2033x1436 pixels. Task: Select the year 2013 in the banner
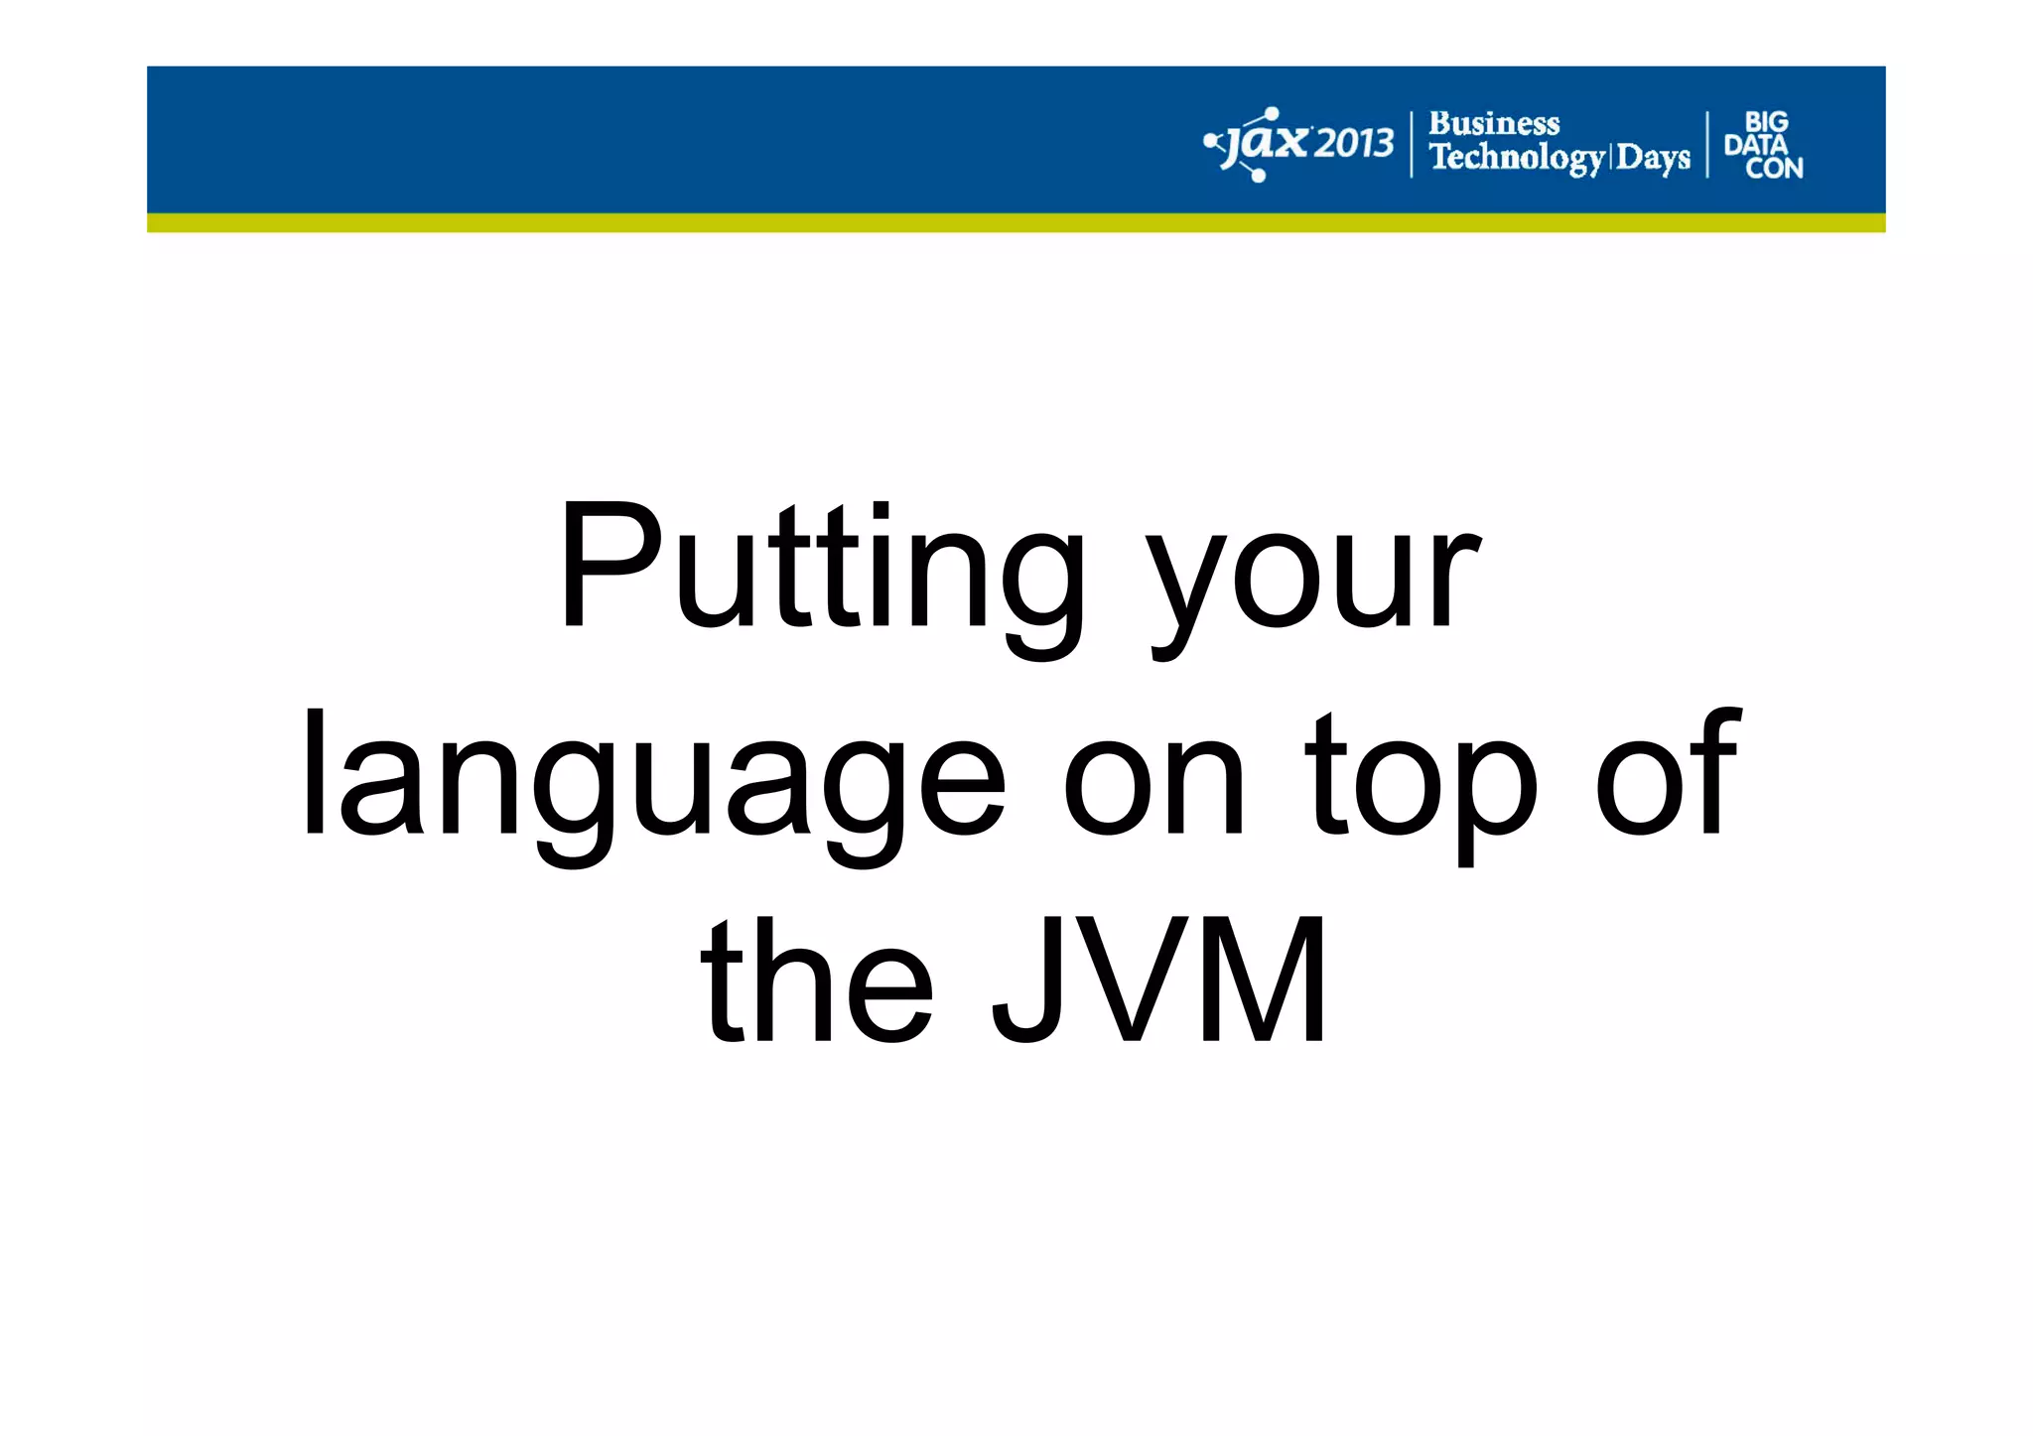(1354, 145)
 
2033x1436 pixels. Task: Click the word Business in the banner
(1493, 124)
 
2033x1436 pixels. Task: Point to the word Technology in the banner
(1516, 158)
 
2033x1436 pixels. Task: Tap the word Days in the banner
(1653, 158)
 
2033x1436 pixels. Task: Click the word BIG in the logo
(1766, 122)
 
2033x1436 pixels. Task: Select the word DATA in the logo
(1755, 145)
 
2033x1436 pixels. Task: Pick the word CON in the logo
(1774, 169)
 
